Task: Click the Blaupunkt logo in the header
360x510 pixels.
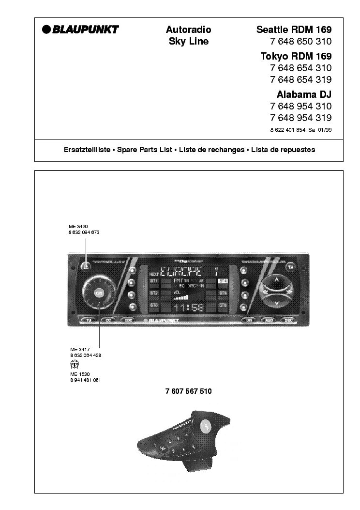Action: (x=80, y=30)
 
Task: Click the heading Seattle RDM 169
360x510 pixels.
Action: (x=294, y=30)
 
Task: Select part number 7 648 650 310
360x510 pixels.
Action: (x=301, y=42)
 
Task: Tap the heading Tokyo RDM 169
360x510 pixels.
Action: (x=296, y=56)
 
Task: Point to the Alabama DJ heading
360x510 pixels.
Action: (x=304, y=94)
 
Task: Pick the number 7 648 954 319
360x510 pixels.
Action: (x=301, y=118)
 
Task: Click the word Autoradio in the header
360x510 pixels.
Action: (x=188, y=30)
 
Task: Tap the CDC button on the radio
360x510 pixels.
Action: (x=128, y=320)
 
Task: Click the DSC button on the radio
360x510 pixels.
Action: (x=288, y=320)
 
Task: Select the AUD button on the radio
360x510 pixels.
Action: (x=269, y=320)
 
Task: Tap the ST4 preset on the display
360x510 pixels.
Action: (x=223, y=281)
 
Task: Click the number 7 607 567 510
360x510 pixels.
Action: (x=188, y=391)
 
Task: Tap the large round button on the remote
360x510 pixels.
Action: (x=208, y=427)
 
